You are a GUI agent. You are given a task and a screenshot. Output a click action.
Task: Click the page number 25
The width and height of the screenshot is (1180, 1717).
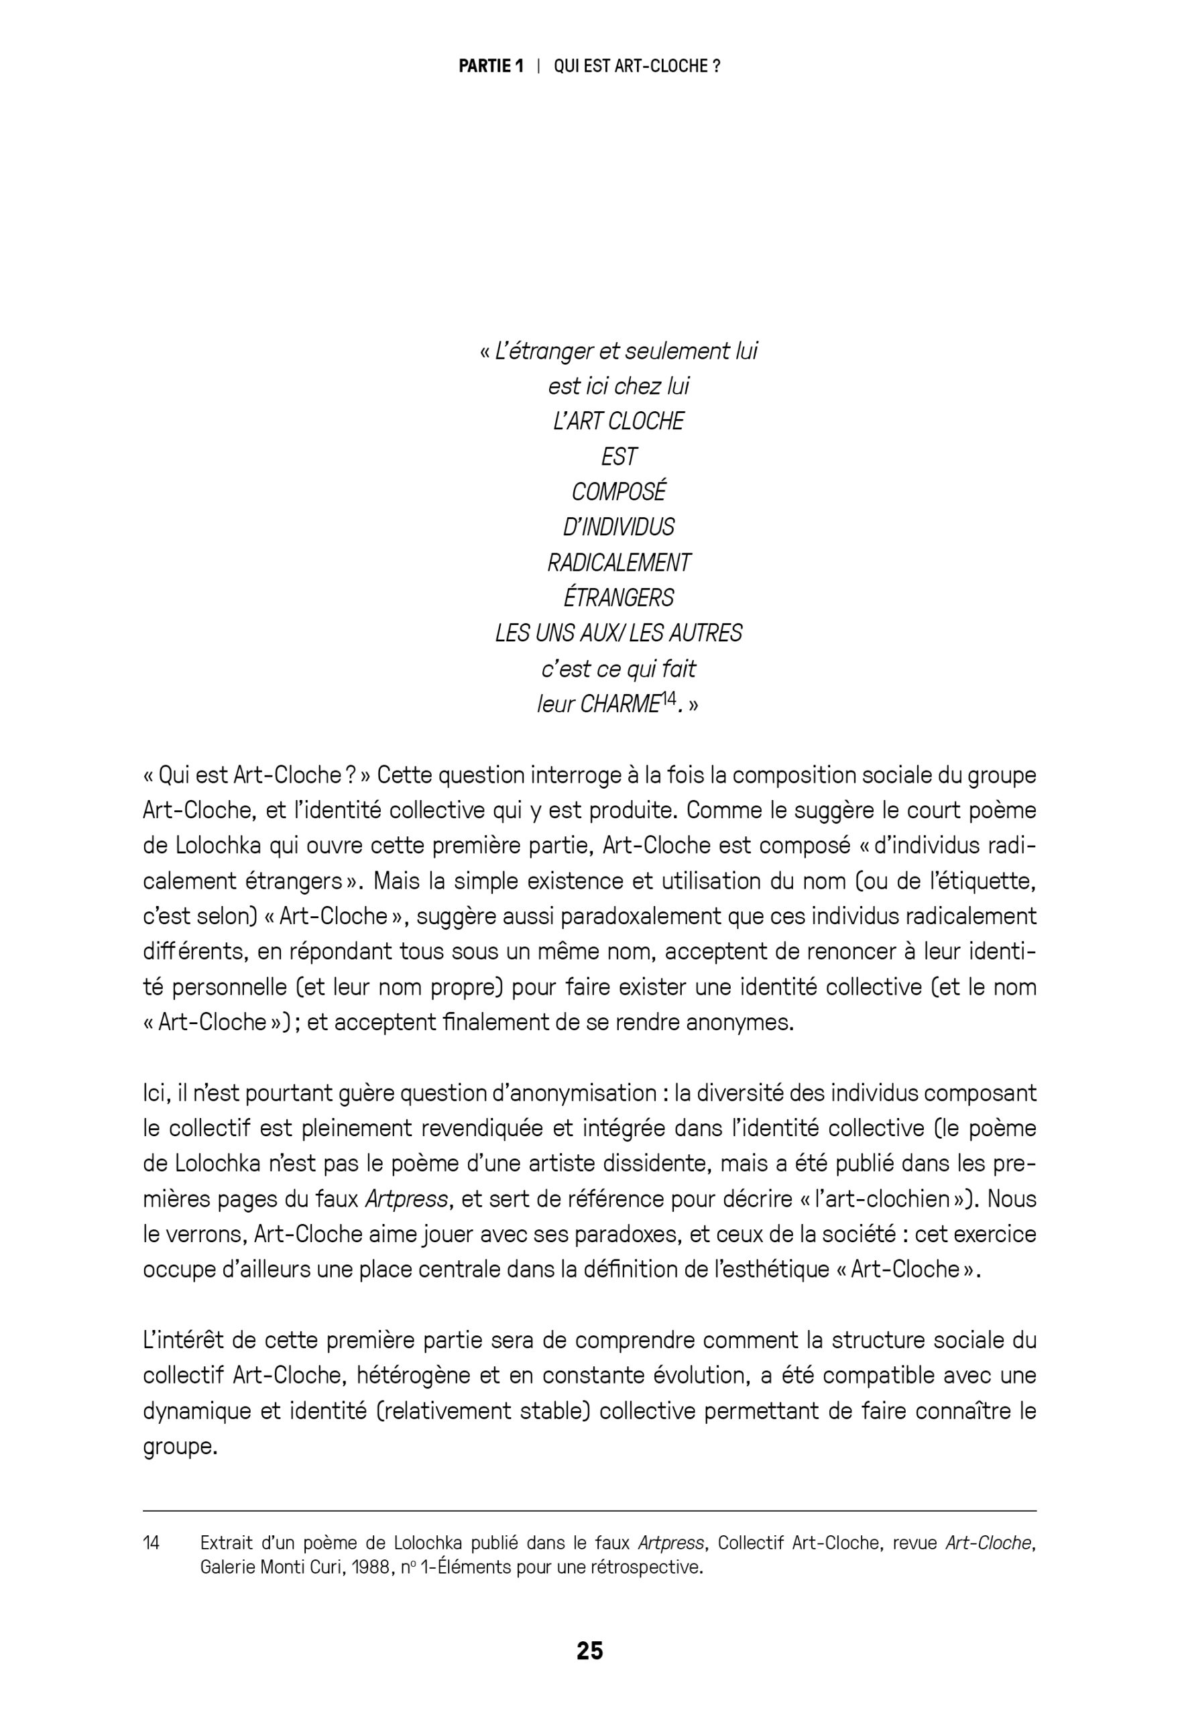[x=589, y=1651]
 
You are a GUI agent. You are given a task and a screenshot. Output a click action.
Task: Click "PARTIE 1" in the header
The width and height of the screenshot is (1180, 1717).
[x=491, y=66]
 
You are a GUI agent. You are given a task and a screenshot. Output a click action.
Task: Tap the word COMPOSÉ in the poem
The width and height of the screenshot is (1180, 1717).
[x=619, y=492]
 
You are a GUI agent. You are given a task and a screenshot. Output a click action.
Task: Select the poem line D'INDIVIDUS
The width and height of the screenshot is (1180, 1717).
[x=619, y=527]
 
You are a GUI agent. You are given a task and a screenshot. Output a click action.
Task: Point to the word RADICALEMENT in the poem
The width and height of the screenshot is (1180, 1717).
[x=619, y=563]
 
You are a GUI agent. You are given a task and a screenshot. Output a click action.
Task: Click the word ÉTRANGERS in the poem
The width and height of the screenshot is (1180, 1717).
[x=619, y=598]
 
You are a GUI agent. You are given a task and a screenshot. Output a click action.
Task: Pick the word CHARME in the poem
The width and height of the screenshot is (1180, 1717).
[x=619, y=705]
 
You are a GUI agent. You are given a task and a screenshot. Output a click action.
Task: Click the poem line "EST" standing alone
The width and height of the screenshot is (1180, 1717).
[x=619, y=457]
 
